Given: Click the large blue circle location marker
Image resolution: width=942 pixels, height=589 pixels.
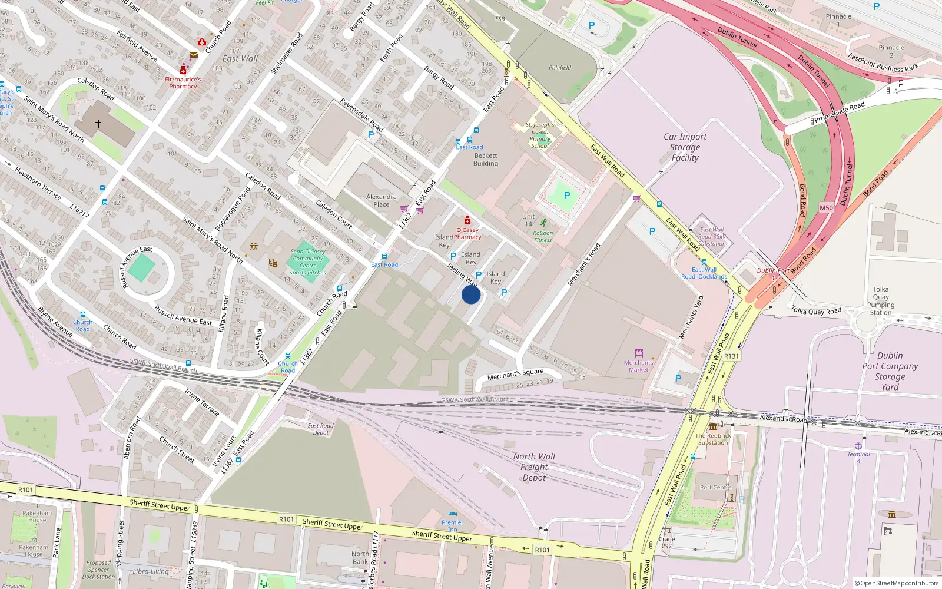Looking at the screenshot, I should [471, 294].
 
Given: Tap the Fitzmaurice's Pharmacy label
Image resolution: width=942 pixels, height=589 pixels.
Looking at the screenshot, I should [183, 83].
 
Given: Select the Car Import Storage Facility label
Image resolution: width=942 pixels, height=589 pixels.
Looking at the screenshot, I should [685, 147].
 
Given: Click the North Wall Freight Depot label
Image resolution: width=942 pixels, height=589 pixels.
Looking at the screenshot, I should [534, 467].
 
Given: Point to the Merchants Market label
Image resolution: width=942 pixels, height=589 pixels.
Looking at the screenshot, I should [639, 366].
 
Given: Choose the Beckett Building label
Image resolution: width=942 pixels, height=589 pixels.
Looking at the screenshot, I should [486, 160].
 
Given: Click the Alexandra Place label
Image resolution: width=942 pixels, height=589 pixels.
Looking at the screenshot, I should [382, 201].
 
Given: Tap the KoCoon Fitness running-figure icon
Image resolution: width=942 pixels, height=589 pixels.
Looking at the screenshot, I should [543, 223].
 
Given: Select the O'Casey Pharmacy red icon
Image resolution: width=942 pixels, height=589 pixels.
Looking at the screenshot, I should [467, 220].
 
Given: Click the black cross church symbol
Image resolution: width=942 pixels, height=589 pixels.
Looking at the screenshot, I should [98, 123].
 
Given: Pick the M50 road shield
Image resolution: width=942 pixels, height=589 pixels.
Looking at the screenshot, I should [827, 208].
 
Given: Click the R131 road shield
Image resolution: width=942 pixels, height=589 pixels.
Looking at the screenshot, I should [731, 356].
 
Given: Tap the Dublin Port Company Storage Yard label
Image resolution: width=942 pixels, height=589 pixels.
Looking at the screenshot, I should [890, 371].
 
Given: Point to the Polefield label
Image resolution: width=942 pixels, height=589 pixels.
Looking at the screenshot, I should [560, 68].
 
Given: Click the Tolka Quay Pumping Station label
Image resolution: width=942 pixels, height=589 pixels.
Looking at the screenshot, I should [881, 301].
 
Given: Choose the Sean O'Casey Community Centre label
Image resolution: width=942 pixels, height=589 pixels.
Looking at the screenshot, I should [308, 262].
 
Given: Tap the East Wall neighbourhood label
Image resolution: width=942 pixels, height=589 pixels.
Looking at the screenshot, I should [240, 59].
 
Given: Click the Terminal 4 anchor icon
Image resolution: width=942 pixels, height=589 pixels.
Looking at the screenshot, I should [858, 446].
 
